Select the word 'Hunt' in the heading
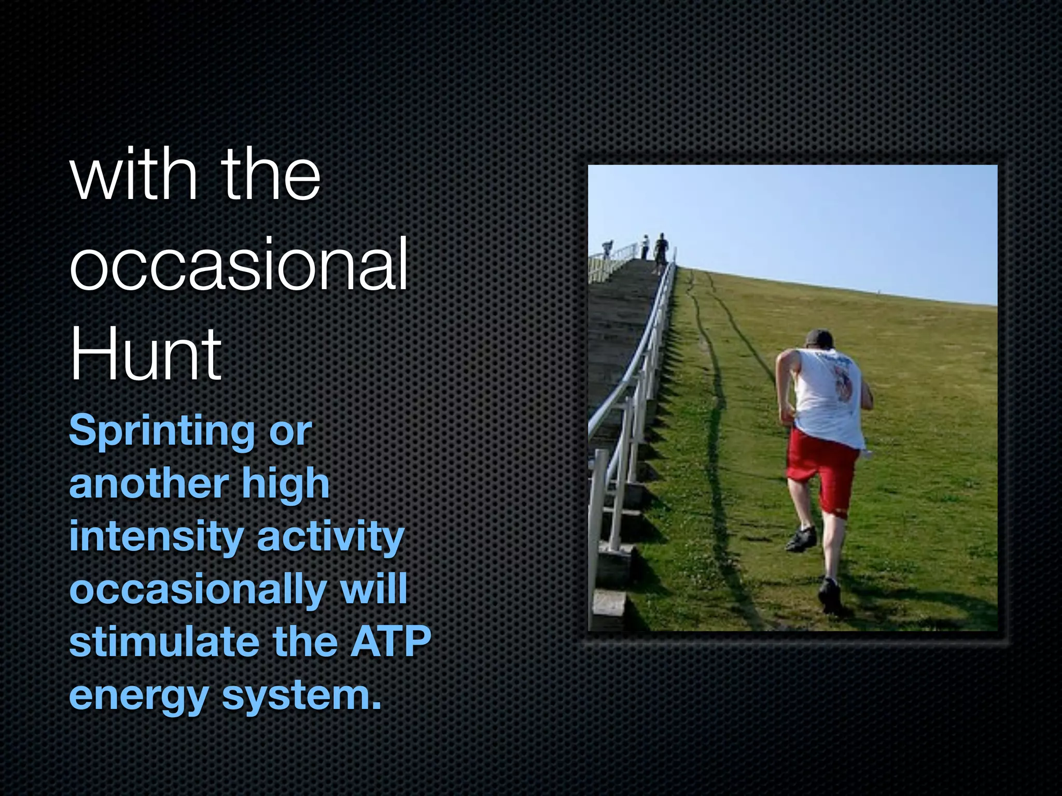[146, 355]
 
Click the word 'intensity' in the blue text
[156, 537]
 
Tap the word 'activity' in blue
[330, 537]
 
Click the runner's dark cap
[820, 337]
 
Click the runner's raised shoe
[801, 539]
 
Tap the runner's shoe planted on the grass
[830, 596]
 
